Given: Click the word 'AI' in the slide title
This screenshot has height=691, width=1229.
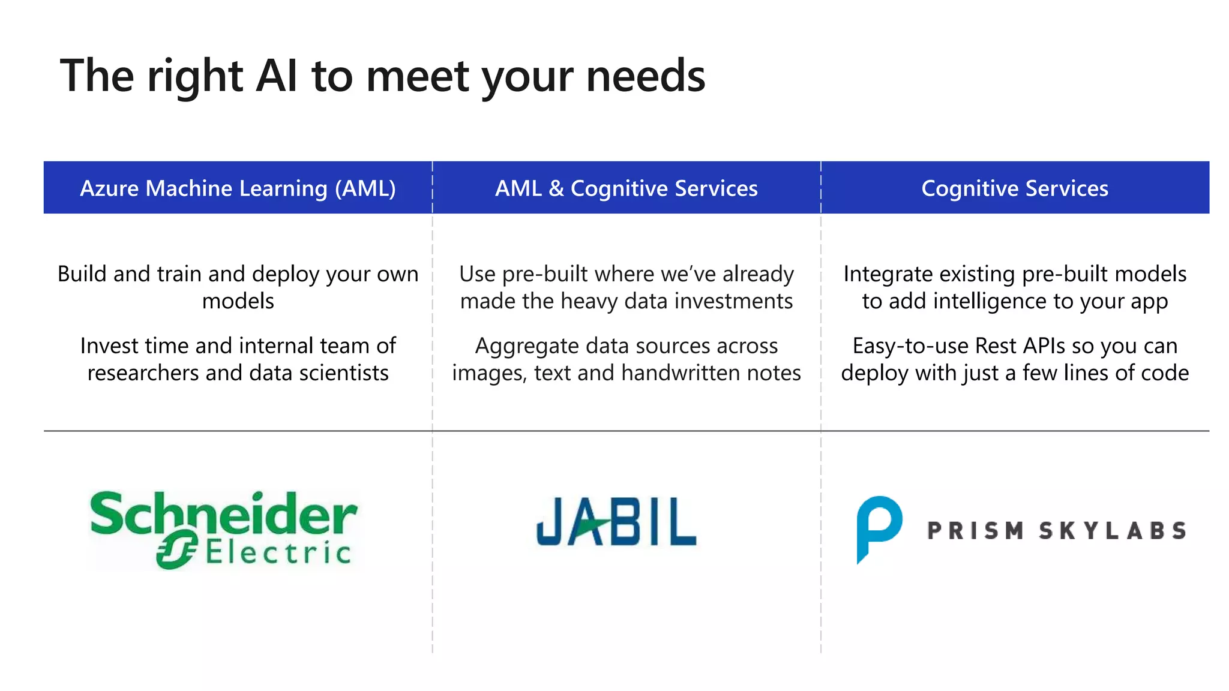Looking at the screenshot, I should (277, 76).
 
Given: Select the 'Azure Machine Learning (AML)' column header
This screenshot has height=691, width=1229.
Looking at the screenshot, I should (238, 188).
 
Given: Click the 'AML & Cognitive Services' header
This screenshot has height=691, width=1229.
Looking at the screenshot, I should (626, 188).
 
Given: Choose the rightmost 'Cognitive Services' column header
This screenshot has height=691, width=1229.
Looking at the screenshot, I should (1014, 188).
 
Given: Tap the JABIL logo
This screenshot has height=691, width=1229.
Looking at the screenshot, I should (616, 522).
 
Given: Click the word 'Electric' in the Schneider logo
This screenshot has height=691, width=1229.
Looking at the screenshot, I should (278, 552).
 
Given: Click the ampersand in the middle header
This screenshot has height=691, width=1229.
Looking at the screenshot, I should (556, 188).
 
